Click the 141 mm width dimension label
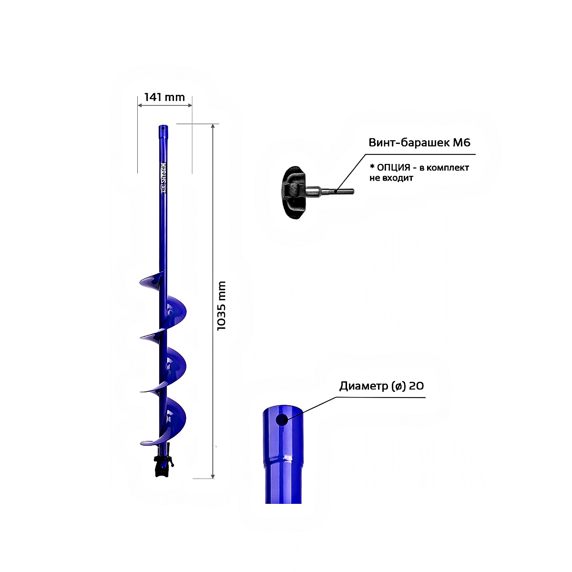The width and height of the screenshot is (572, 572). coord(164,97)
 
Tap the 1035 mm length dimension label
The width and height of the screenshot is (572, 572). coord(222,306)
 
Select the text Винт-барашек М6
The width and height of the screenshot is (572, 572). coord(419,143)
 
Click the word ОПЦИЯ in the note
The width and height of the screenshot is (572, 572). coord(393,167)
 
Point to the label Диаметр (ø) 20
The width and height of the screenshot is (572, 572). coord(381,386)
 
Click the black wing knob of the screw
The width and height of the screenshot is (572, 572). coord(294,193)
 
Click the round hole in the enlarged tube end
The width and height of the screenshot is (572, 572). coord(282,420)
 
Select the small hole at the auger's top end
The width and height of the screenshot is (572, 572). coord(163,128)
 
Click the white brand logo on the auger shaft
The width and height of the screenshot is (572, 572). coord(163,178)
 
